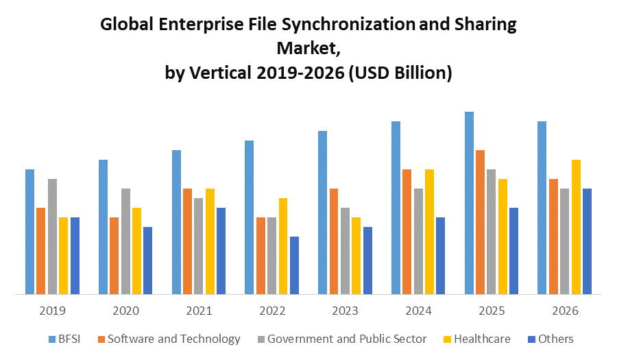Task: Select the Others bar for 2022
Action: pos(294,265)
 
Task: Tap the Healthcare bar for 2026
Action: pos(576,227)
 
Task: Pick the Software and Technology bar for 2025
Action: pos(481,222)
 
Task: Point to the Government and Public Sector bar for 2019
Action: pos(52,237)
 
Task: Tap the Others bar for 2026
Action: pos(587,241)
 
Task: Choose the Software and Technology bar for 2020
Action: pos(114,256)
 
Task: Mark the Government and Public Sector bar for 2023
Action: pos(345,251)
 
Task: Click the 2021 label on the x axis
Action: pos(199,311)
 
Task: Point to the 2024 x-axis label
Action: pos(418,311)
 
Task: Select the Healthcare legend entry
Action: pos(482,339)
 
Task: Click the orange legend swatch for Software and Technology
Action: pos(101,339)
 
